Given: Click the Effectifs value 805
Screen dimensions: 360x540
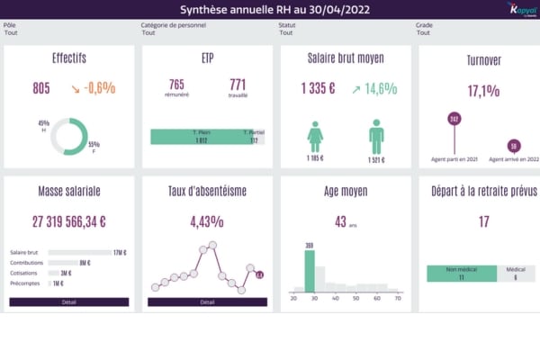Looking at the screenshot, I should tap(41, 88).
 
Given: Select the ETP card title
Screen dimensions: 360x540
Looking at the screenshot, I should tap(207, 59).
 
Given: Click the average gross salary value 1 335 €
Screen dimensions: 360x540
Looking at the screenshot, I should tap(318, 88).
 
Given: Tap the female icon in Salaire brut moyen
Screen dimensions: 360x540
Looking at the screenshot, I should tap(315, 138).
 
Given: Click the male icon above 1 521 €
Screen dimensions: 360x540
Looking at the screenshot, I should tap(376, 136).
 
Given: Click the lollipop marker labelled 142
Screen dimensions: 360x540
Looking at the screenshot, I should tap(454, 119).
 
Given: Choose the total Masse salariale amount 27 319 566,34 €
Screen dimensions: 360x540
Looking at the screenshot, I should tap(69, 221).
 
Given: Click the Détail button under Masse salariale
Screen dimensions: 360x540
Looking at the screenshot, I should tap(69, 302).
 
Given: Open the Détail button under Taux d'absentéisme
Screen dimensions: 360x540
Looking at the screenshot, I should tap(207, 302).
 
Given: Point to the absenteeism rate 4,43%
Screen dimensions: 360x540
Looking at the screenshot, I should tap(207, 221).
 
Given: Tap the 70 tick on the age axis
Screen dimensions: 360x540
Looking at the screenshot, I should tap(398, 298).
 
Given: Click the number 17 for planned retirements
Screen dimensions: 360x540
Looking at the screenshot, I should tap(483, 221).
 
